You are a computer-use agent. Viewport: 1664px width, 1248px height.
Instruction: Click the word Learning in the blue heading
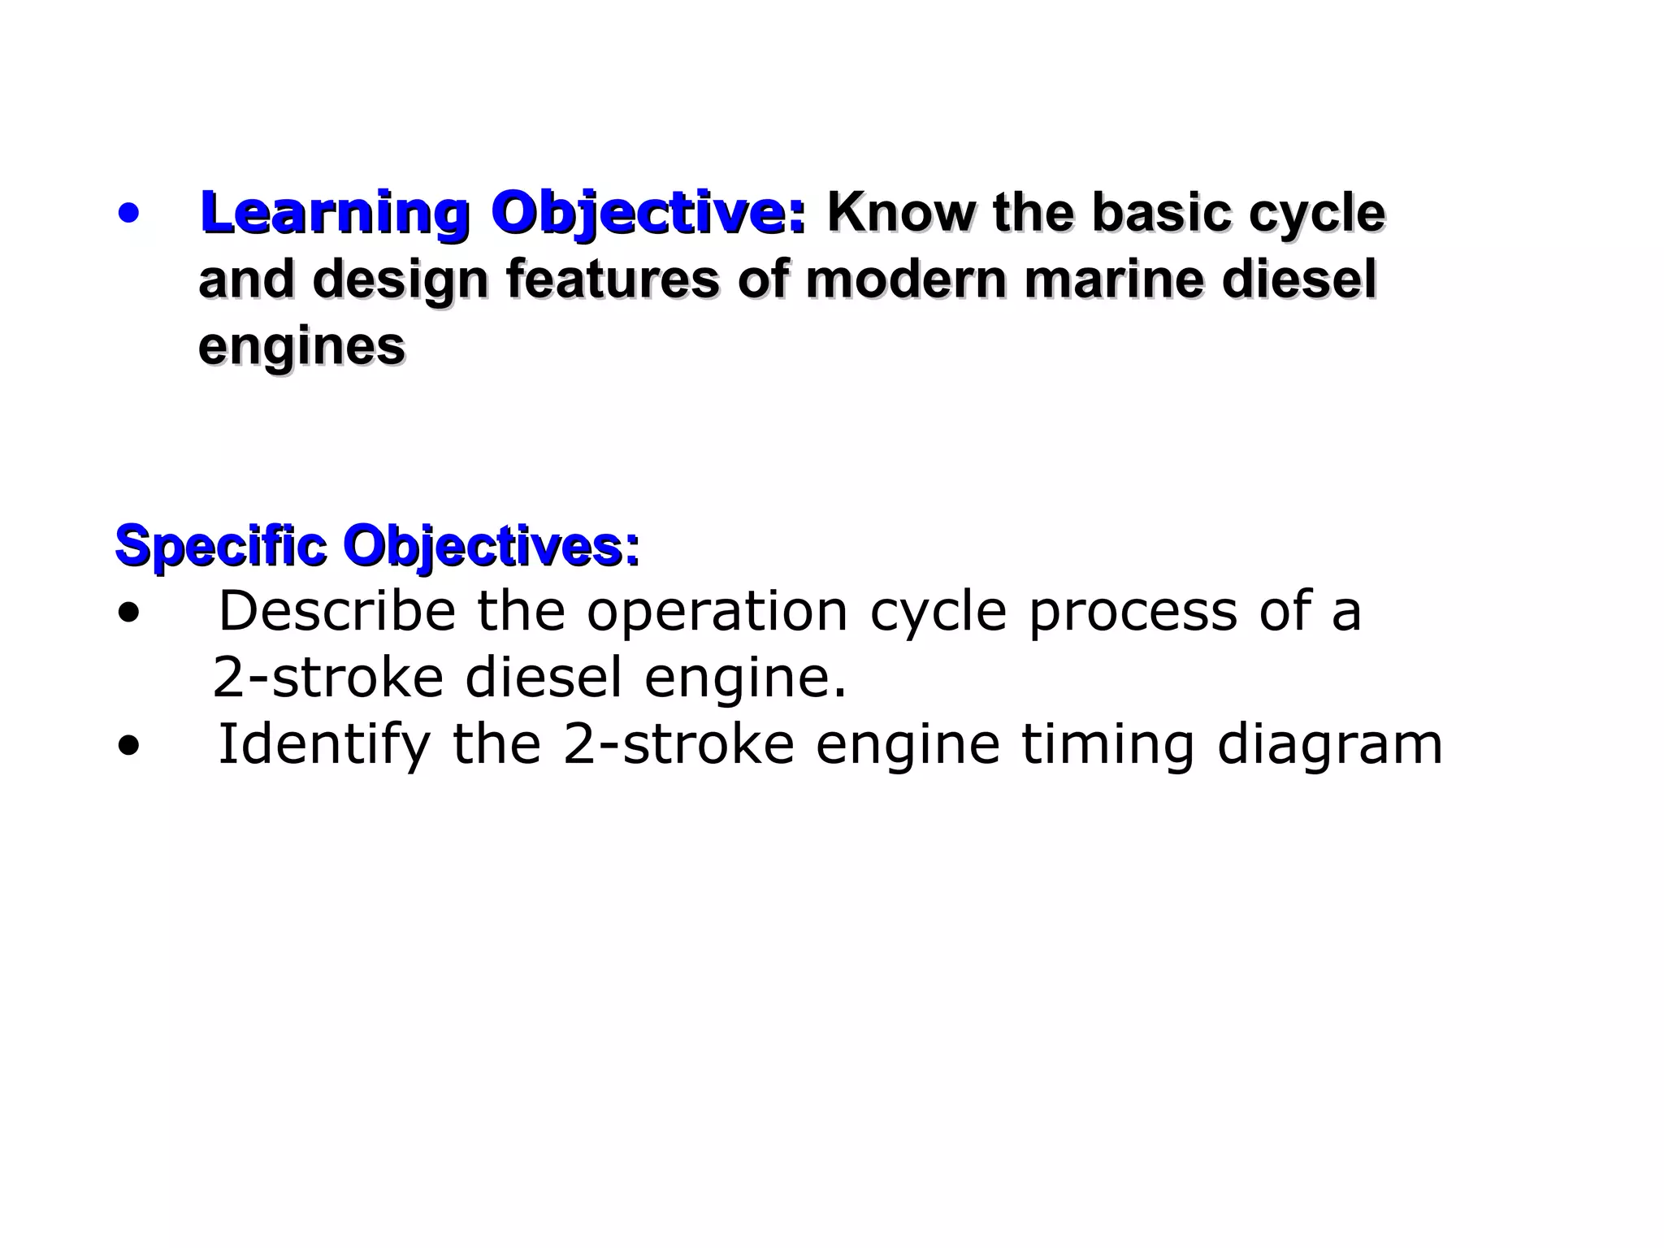pos(334,214)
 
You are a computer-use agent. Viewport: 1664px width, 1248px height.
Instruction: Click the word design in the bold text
pos(400,280)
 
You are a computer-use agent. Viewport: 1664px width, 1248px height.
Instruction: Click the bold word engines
pos(301,348)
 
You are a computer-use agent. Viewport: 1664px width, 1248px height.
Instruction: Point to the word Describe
pos(337,611)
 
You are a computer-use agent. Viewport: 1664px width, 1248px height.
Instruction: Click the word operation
pos(717,611)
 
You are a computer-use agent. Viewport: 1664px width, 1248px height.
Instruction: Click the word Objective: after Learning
pos(648,214)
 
